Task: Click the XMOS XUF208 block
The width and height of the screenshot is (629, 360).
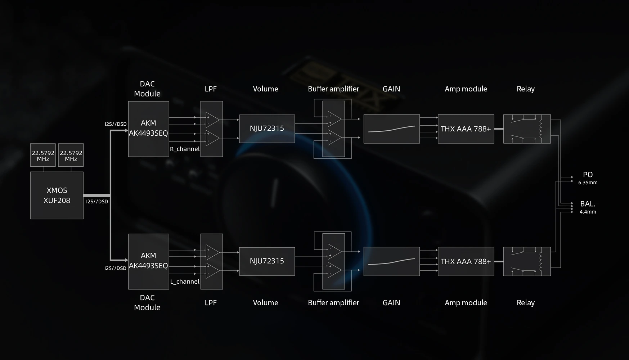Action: coord(57,195)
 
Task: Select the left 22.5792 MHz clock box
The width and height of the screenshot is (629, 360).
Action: coord(43,155)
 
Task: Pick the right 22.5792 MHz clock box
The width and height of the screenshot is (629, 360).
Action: coord(71,155)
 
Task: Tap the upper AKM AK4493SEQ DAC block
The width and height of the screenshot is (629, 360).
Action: coord(149,129)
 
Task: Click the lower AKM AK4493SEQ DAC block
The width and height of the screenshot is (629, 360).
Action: coord(149,261)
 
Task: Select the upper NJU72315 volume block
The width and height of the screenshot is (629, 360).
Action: coord(267,129)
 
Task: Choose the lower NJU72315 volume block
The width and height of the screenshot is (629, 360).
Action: coord(267,261)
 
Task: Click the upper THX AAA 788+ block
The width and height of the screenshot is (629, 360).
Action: coord(466,129)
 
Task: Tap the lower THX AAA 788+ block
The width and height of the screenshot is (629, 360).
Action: coord(466,262)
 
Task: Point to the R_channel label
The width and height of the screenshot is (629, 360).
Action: coord(185,149)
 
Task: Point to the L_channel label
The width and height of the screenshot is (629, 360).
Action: coord(185,282)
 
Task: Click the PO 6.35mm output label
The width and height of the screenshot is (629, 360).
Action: coord(588,178)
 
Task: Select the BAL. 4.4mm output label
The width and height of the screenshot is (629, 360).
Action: coord(588,207)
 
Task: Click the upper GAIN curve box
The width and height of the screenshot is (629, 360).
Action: coord(392,129)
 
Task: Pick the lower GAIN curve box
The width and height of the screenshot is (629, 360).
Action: coord(392,262)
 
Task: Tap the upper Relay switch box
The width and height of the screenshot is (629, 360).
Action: coord(527,129)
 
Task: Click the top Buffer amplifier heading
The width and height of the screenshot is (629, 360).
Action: coord(333,89)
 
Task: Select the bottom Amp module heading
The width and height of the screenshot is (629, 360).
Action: coord(466,303)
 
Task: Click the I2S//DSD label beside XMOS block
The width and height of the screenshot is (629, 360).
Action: coord(97,202)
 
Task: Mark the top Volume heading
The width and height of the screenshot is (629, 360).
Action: coord(265,89)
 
